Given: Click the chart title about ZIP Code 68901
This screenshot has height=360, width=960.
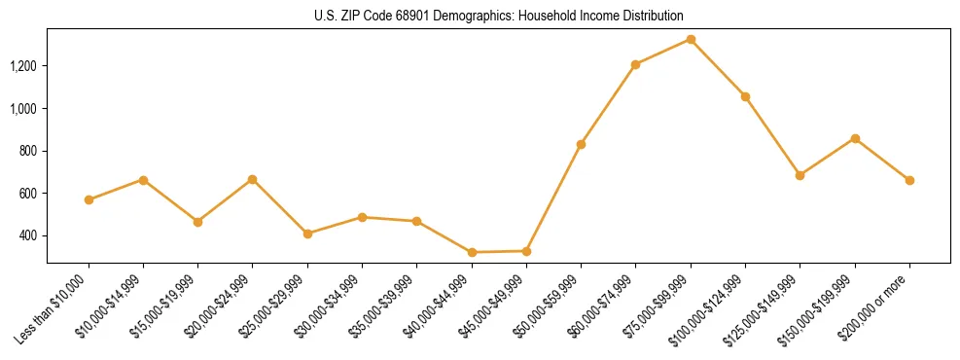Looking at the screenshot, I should click(498, 17).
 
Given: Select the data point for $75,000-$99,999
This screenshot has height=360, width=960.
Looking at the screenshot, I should click(691, 40).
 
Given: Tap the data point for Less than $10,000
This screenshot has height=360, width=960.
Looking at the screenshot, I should click(89, 199).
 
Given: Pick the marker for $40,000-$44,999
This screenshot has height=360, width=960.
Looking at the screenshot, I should click(472, 252).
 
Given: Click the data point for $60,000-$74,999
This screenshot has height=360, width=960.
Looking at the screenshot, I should click(635, 65).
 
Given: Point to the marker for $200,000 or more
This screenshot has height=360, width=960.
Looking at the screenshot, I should click(909, 180).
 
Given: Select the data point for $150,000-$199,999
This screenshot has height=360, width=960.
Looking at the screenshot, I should click(855, 138).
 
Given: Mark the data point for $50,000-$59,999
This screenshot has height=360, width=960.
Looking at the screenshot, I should click(581, 144).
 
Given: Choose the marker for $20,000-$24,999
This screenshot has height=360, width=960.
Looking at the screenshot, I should click(253, 179).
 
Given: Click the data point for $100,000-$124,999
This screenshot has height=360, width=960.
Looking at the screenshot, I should click(745, 96).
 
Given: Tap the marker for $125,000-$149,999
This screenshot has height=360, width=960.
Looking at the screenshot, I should click(800, 175).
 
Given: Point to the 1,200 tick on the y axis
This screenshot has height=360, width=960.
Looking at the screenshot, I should click(22, 66).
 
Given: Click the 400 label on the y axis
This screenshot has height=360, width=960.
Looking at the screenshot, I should click(27, 236).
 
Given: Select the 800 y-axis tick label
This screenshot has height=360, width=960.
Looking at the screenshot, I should click(27, 151).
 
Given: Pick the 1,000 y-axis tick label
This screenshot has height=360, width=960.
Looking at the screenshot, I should click(22, 109).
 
